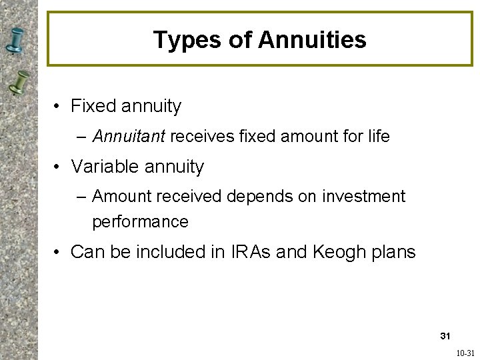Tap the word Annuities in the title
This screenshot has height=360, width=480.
pyautogui.click(x=312, y=40)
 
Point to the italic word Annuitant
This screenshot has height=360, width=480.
pyautogui.click(x=129, y=137)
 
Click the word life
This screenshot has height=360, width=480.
pyautogui.click(x=378, y=137)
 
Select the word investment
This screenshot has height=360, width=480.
pyautogui.click(x=364, y=197)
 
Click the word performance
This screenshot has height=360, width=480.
pyautogui.click(x=140, y=221)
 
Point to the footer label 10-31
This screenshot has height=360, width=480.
pyautogui.click(x=465, y=352)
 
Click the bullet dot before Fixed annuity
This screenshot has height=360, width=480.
pyautogui.click(x=59, y=107)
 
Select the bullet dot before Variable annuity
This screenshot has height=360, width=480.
pyautogui.click(x=59, y=167)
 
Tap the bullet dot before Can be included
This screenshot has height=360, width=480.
pyautogui.click(x=59, y=253)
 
